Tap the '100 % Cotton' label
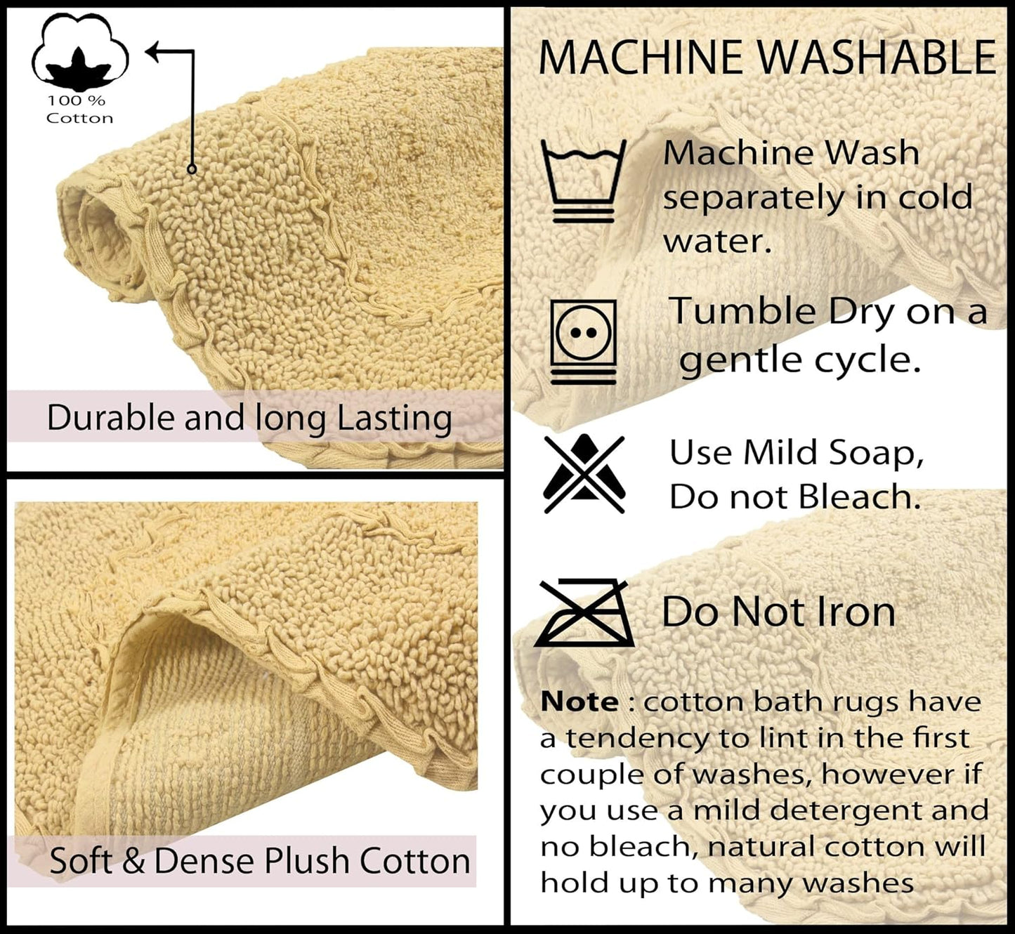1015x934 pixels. [x=79, y=110]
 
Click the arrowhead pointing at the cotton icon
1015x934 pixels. [x=155, y=51]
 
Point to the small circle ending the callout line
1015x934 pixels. [x=192, y=169]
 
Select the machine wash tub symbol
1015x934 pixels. [x=584, y=180]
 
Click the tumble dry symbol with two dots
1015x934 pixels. [x=584, y=341]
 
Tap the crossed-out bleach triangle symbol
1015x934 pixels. [x=584, y=474]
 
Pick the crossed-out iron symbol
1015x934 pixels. [x=584, y=613]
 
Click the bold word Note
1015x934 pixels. [x=579, y=702]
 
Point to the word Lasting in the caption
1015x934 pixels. [x=395, y=419]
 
